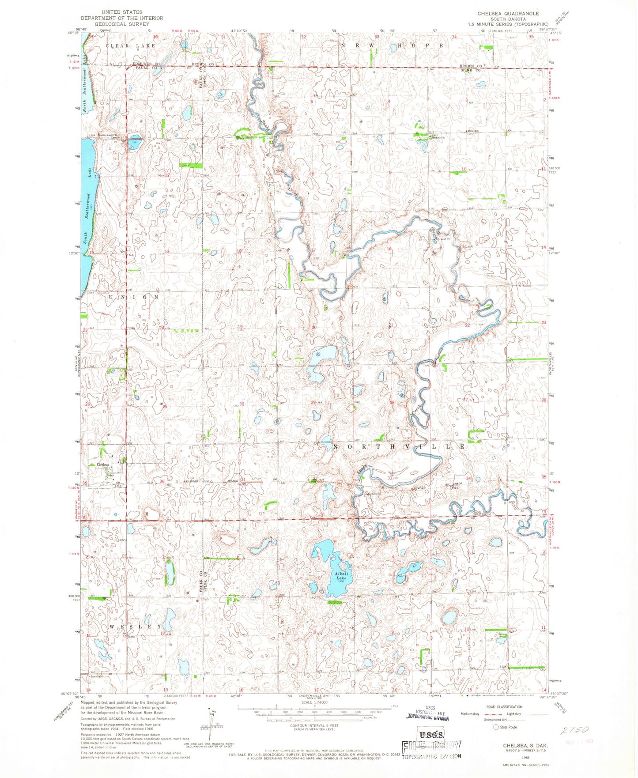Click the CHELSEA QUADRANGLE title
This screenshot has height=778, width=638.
click(508, 14)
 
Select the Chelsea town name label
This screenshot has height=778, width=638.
click(102, 465)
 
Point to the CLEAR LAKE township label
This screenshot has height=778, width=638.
click(130, 46)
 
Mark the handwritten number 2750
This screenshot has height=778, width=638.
click(576, 730)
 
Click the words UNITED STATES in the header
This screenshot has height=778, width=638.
click(122, 12)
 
